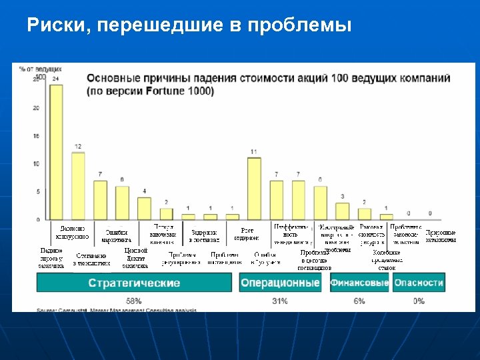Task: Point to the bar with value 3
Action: coord(342,211)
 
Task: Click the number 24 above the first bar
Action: coord(56,79)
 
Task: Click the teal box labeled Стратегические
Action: coord(134,283)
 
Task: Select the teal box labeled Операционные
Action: coord(280,283)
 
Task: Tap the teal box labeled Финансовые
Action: coord(359,283)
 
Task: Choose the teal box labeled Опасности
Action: coord(418,283)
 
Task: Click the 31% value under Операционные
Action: coord(280,301)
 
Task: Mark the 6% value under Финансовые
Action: coord(359,301)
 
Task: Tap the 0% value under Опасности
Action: coord(419,301)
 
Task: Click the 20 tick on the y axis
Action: coord(37,107)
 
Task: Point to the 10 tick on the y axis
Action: coord(37,163)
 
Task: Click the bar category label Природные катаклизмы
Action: coord(440,236)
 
